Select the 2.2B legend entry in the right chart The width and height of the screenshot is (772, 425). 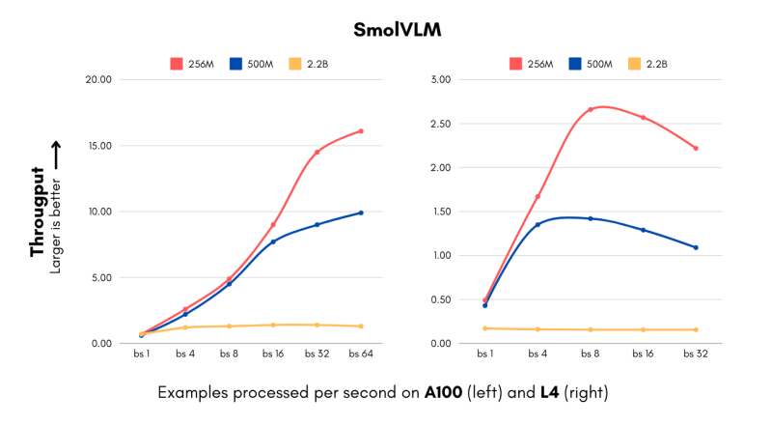[x=642, y=64]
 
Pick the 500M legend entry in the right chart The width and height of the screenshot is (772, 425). [x=588, y=64]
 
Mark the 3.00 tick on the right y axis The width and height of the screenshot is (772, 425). [x=439, y=79]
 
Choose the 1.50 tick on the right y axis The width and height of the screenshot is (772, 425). [x=439, y=212]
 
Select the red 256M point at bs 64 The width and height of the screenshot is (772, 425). [x=360, y=131]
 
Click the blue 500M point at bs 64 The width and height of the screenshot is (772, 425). [x=360, y=212]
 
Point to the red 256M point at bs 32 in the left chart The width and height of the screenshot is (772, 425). [x=317, y=152]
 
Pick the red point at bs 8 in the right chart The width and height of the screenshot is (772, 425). [x=590, y=110]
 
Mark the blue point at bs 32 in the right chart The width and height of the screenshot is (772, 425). [x=695, y=247]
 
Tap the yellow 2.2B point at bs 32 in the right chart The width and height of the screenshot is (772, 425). [x=695, y=329]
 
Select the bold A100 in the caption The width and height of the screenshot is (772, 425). [x=440, y=394]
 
